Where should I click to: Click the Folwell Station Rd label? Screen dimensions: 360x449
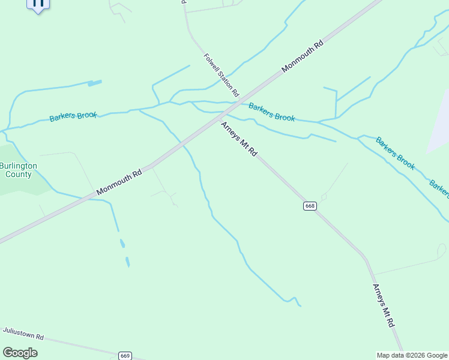221,75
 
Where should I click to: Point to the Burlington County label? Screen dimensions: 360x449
19,170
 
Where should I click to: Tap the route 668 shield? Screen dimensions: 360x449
309,206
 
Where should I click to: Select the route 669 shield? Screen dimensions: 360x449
125,355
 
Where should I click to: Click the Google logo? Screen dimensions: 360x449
20,353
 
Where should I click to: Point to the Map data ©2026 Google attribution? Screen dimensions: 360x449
412,355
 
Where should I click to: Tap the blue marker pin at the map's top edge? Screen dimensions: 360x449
38,4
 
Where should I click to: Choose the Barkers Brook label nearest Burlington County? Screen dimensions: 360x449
73,116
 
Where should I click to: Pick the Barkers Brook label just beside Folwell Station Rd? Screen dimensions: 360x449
272,112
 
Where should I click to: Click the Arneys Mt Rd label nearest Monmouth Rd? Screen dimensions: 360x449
239,139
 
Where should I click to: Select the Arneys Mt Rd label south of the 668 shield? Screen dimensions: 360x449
383,305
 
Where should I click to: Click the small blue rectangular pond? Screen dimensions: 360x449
95,83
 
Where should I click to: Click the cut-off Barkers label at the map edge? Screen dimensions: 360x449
440,188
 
